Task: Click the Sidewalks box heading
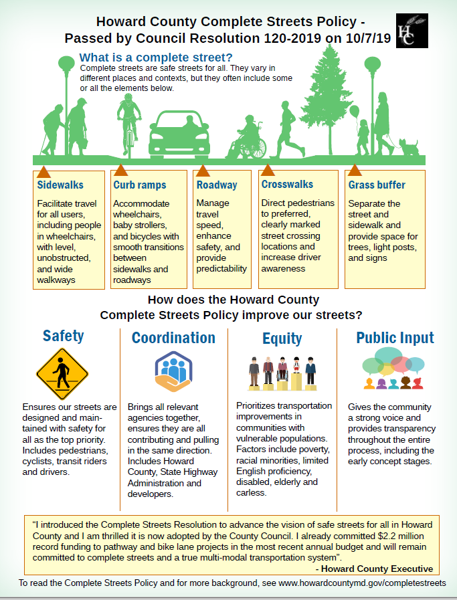(61, 185)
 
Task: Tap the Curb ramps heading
(140, 185)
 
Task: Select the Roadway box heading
(217, 185)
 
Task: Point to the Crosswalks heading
(287, 184)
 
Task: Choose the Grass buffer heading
(377, 185)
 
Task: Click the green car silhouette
(179, 132)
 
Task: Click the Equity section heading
(282, 338)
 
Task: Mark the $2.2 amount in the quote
(363, 536)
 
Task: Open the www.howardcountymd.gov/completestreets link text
(362, 583)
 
